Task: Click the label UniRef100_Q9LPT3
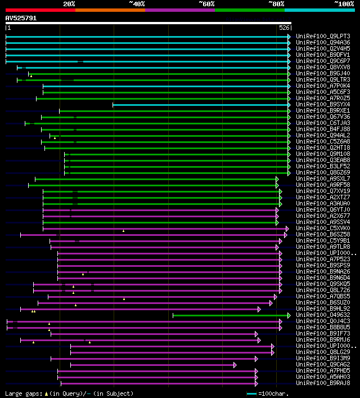[x=323, y=36]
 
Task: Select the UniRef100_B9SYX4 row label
[x=323, y=104]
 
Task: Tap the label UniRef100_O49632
[x=323, y=315]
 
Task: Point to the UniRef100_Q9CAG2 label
[x=323, y=364]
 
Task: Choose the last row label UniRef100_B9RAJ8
[x=323, y=383]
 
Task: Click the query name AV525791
[x=21, y=18]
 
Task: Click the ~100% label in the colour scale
[x=344, y=4]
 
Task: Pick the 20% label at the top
[x=69, y=4]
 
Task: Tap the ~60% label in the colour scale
[x=206, y=4]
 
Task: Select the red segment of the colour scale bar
[x=40, y=10]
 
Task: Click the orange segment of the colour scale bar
[x=110, y=10]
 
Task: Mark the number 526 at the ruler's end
[x=284, y=28]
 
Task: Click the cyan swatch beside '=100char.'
[x=251, y=393]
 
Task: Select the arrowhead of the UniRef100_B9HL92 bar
[x=259, y=309]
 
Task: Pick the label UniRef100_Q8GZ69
[x=323, y=172]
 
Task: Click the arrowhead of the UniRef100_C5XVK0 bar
[x=287, y=229]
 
